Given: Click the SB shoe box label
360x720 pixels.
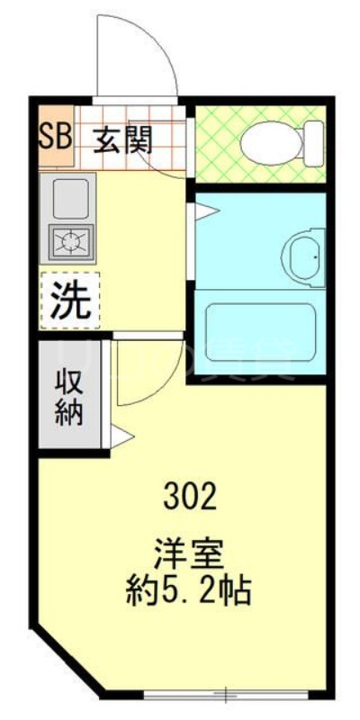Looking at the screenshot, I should pyautogui.click(x=54, y=139).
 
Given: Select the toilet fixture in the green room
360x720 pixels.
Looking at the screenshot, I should pyautogui.click(x=274, y=140).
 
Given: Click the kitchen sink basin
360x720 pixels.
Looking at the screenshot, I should pyautogui.click(x=69, y=200).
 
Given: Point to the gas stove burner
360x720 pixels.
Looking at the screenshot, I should pyautogui.click(x=69, y=240).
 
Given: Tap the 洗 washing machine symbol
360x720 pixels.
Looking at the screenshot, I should pyautogui.click(x=69, y=301).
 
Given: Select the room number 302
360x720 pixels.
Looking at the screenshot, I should pyautogui.click(x=190, y=494).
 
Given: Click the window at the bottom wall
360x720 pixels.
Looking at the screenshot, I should pyautogui.click(x=226, y=694).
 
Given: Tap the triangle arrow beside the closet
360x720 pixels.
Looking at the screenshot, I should pyautogui.click(x=121, y=437).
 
